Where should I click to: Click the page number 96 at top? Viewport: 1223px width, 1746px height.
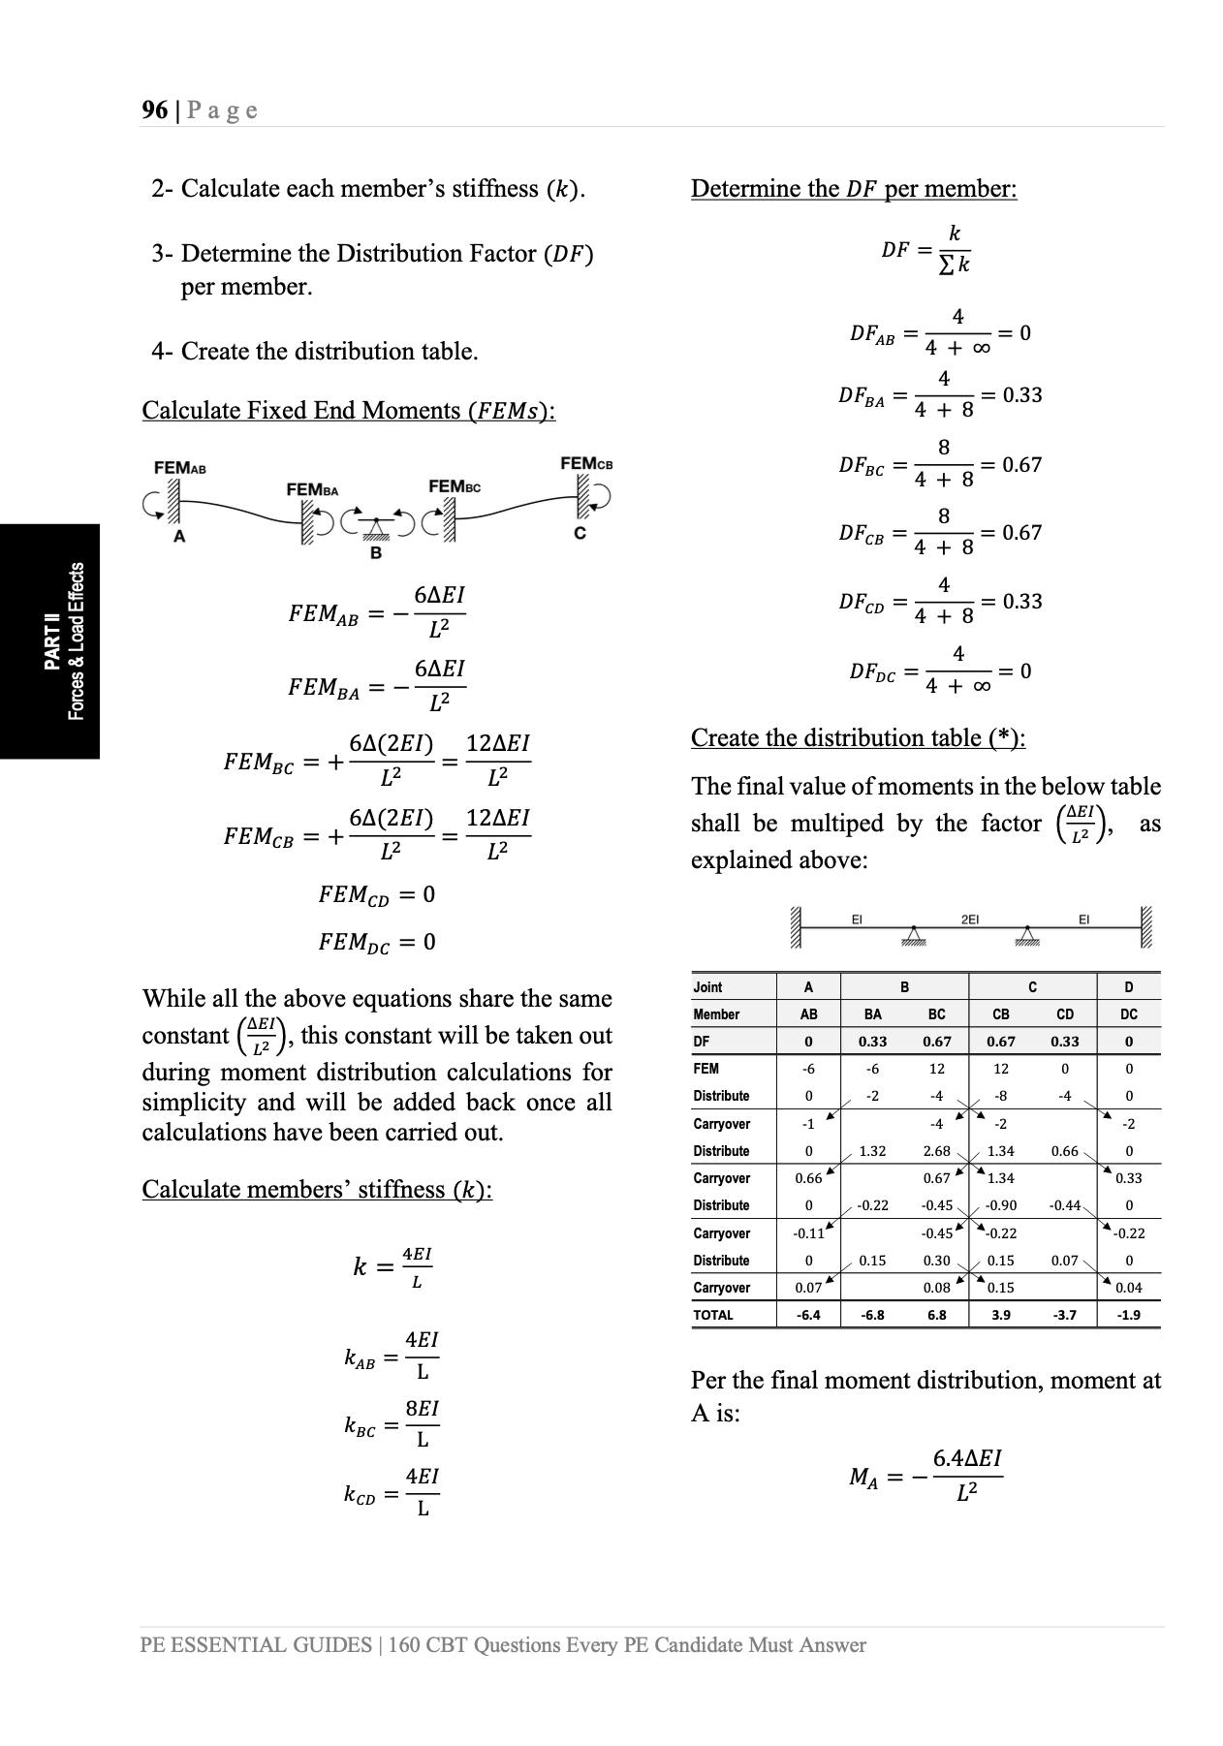[154, 109]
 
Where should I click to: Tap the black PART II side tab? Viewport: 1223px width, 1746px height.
[50, 640]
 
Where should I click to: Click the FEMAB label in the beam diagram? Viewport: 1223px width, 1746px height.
[180, 468]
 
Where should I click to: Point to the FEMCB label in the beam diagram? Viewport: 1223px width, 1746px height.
[586, 464]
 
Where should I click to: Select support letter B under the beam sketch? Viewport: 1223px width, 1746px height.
[376, 552]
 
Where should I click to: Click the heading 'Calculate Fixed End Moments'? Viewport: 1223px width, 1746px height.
[348, 411]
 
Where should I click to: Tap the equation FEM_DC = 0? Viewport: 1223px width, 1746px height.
[377, 942]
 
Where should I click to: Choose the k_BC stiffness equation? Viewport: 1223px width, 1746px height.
[392, 1424]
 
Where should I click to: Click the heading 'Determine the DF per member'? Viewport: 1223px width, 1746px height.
[853, 189]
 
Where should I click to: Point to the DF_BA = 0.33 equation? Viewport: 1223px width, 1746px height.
[939, 395]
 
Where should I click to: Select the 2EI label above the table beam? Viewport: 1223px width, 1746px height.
[969, 919]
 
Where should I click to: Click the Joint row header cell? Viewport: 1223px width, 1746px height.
[708, 987]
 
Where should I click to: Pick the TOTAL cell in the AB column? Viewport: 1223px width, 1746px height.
[808, 1315]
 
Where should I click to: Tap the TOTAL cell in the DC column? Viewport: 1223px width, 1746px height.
[1128, 1315]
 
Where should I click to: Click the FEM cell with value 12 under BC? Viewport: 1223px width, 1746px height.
[936, 1069]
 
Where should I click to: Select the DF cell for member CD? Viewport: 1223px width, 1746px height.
[1064, 1042]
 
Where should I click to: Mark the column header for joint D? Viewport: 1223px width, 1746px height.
[1128, 987]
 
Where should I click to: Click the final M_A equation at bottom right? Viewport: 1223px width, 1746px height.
[925, 1477]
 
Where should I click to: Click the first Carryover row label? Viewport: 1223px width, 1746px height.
[722, 1124]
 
